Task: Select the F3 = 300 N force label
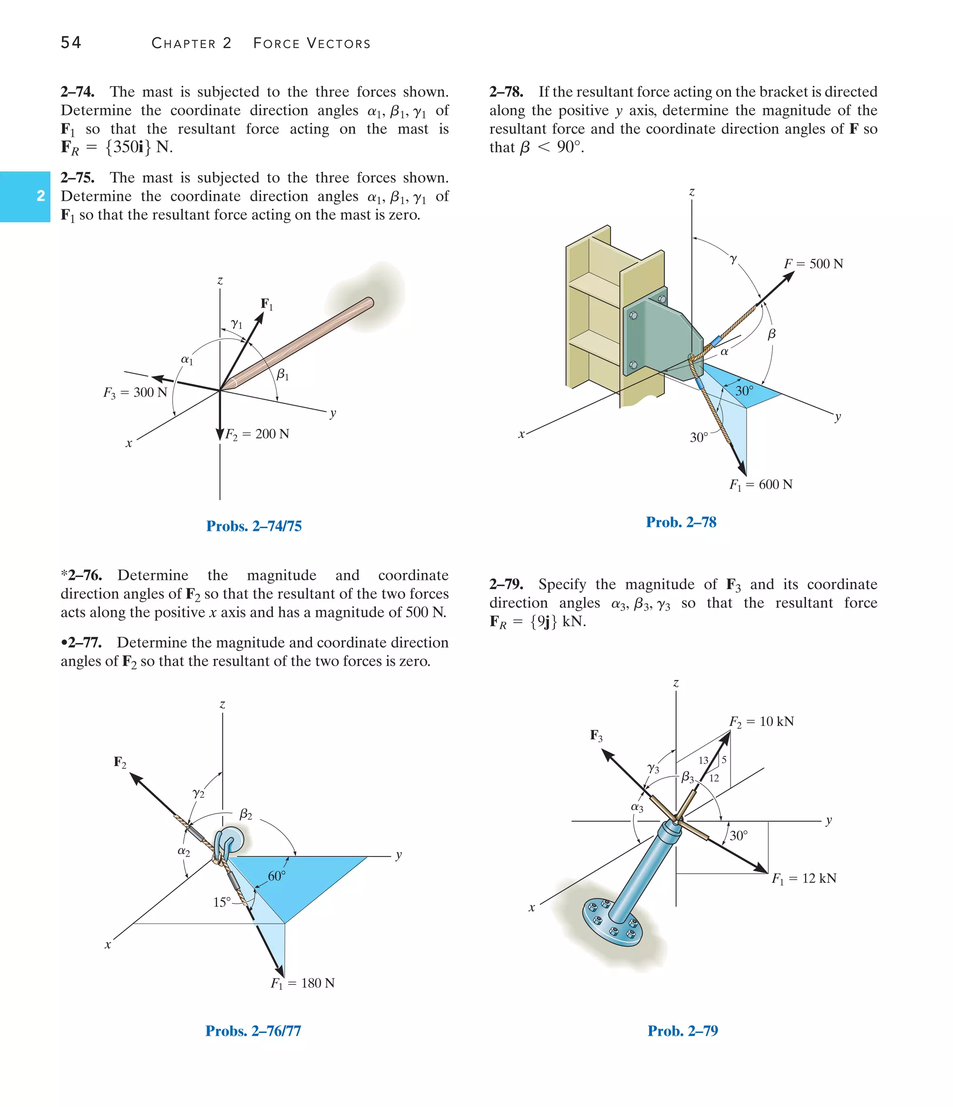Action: click(135, 393)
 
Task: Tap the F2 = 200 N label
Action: click(257, 434)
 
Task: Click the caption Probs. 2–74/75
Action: click(254, 526)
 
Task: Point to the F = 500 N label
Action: click(813, 264)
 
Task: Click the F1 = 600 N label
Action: click(761, 485)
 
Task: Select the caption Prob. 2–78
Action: click(681, 522)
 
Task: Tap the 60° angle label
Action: click(276, 876)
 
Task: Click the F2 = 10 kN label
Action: click(761, 722)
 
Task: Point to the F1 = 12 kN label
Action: click(804, 878)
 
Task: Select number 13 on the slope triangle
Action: click(703, 760)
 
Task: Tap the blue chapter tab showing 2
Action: click(25, 196)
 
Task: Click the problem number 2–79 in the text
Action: click(506, 584)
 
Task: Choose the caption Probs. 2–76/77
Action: click(253, 1031)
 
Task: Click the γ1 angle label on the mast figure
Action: click(236, 324)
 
